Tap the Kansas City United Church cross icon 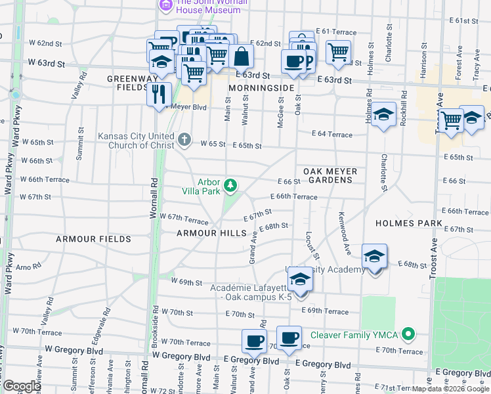click(184, 140)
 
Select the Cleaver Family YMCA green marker click(408, 335)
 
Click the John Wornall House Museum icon click(165, 6)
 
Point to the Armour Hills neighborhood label click(211, 233)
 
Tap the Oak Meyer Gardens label click(330, 175)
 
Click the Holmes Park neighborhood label click(408, 223)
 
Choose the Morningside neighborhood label click(261, 87)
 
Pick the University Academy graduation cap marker click(374, 256)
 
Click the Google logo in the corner click(21, 386)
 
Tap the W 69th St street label click(186, 282)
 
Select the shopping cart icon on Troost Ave click(450, 120)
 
